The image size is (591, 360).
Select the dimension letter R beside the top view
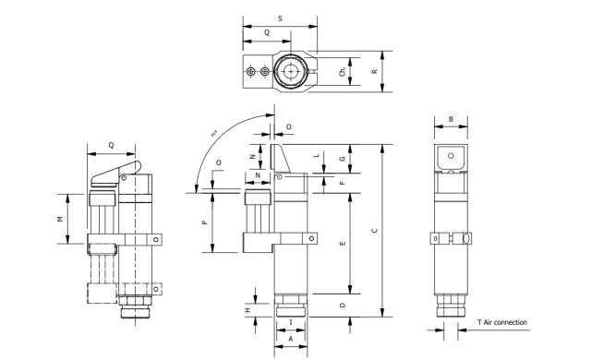[x=375, y=70]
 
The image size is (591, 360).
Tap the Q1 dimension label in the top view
[x=342, y=71]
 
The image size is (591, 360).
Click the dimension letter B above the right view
[x=451, y=118]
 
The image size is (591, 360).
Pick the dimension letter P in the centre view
[x=205, y=222]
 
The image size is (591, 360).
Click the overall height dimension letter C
[x=374, y=231]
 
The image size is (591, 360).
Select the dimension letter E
[x=342, y=244]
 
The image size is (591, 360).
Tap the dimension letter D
[x=342, y=305]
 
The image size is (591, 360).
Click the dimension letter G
[x=342, y=159]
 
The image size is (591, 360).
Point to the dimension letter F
[x=342, y=184]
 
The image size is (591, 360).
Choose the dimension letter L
[x=316, y=156]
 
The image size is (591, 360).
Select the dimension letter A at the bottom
[x=292, y=339]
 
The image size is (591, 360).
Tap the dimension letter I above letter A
[x=292, y=322]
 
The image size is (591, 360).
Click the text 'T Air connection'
[x=501, y=322]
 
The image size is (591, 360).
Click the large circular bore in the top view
[x=293, y=71]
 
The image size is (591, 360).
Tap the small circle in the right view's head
[x=451, y=157]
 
